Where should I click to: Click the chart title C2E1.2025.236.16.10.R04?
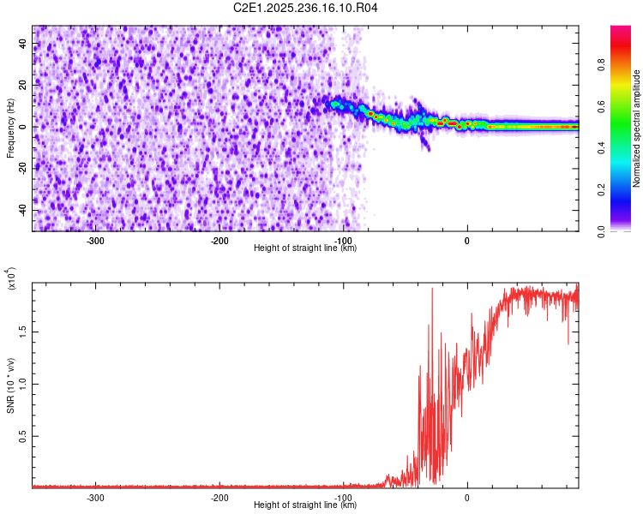306,8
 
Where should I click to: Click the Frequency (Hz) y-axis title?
10,128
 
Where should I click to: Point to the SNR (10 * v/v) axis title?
10,385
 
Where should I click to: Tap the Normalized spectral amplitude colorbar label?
637,128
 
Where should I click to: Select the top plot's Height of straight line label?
305,248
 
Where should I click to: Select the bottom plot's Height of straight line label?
305,505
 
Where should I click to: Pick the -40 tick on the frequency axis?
21,210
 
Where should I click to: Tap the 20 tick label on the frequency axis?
23,85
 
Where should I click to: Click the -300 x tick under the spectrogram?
95,241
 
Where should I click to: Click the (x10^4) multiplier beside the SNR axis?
12,278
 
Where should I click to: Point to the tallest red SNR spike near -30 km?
431,290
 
